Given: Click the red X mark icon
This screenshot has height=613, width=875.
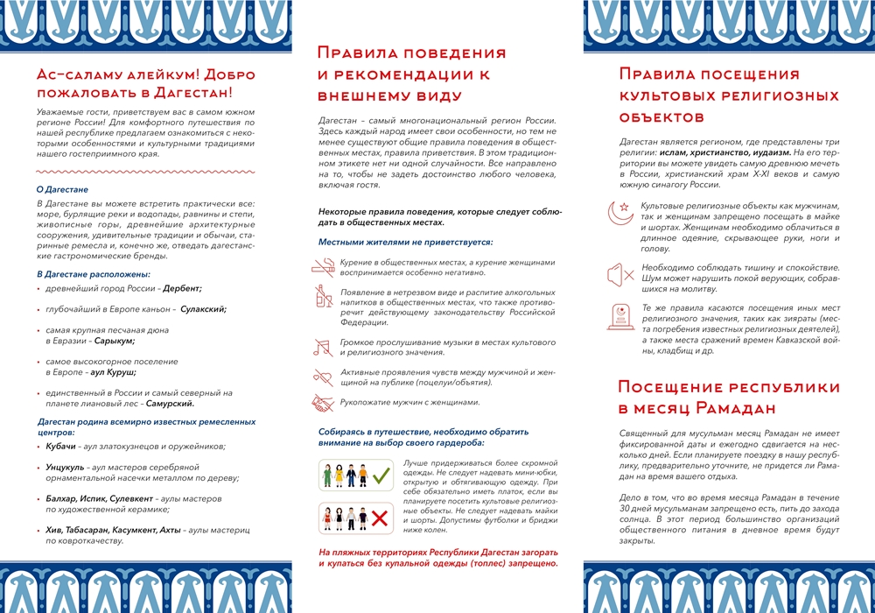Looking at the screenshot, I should [380, 518].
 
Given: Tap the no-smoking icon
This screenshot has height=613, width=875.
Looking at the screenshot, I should [322, 266].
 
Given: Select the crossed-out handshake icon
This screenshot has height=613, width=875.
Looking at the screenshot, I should [322, 403].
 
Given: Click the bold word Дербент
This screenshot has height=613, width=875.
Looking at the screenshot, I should [180, 288].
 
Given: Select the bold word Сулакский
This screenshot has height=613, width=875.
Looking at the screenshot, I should [203, 308].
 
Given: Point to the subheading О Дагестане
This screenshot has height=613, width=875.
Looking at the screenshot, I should [62, 189].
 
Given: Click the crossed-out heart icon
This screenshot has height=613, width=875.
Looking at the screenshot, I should [322, 377].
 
